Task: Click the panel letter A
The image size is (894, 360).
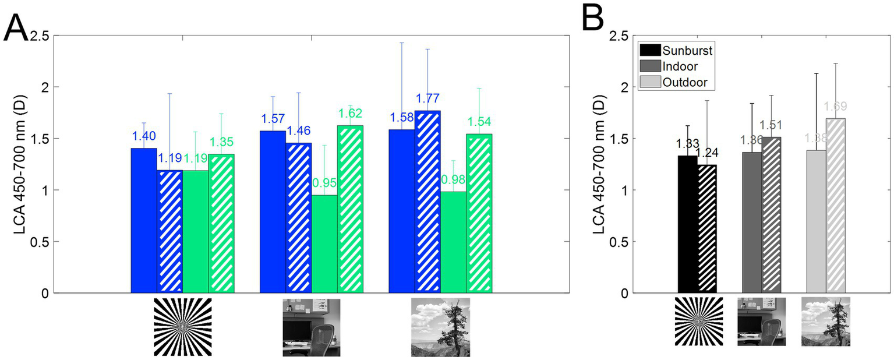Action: click(x=15, y=27)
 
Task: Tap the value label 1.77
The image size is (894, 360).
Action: click(x=427, y=98)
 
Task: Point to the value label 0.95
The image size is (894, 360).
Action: click(x=324, y=183)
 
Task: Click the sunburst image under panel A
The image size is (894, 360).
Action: click(x=182, y=327)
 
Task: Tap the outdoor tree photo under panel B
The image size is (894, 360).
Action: click(x=825, y=321)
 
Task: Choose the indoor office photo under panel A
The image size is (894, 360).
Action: click(x=311, y=327)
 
